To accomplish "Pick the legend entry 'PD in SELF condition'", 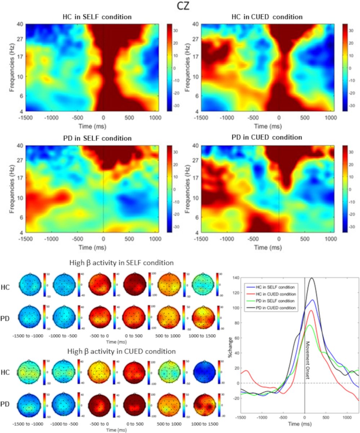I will click(275, 300).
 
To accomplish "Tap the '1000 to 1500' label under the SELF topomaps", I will click(201, 336).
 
